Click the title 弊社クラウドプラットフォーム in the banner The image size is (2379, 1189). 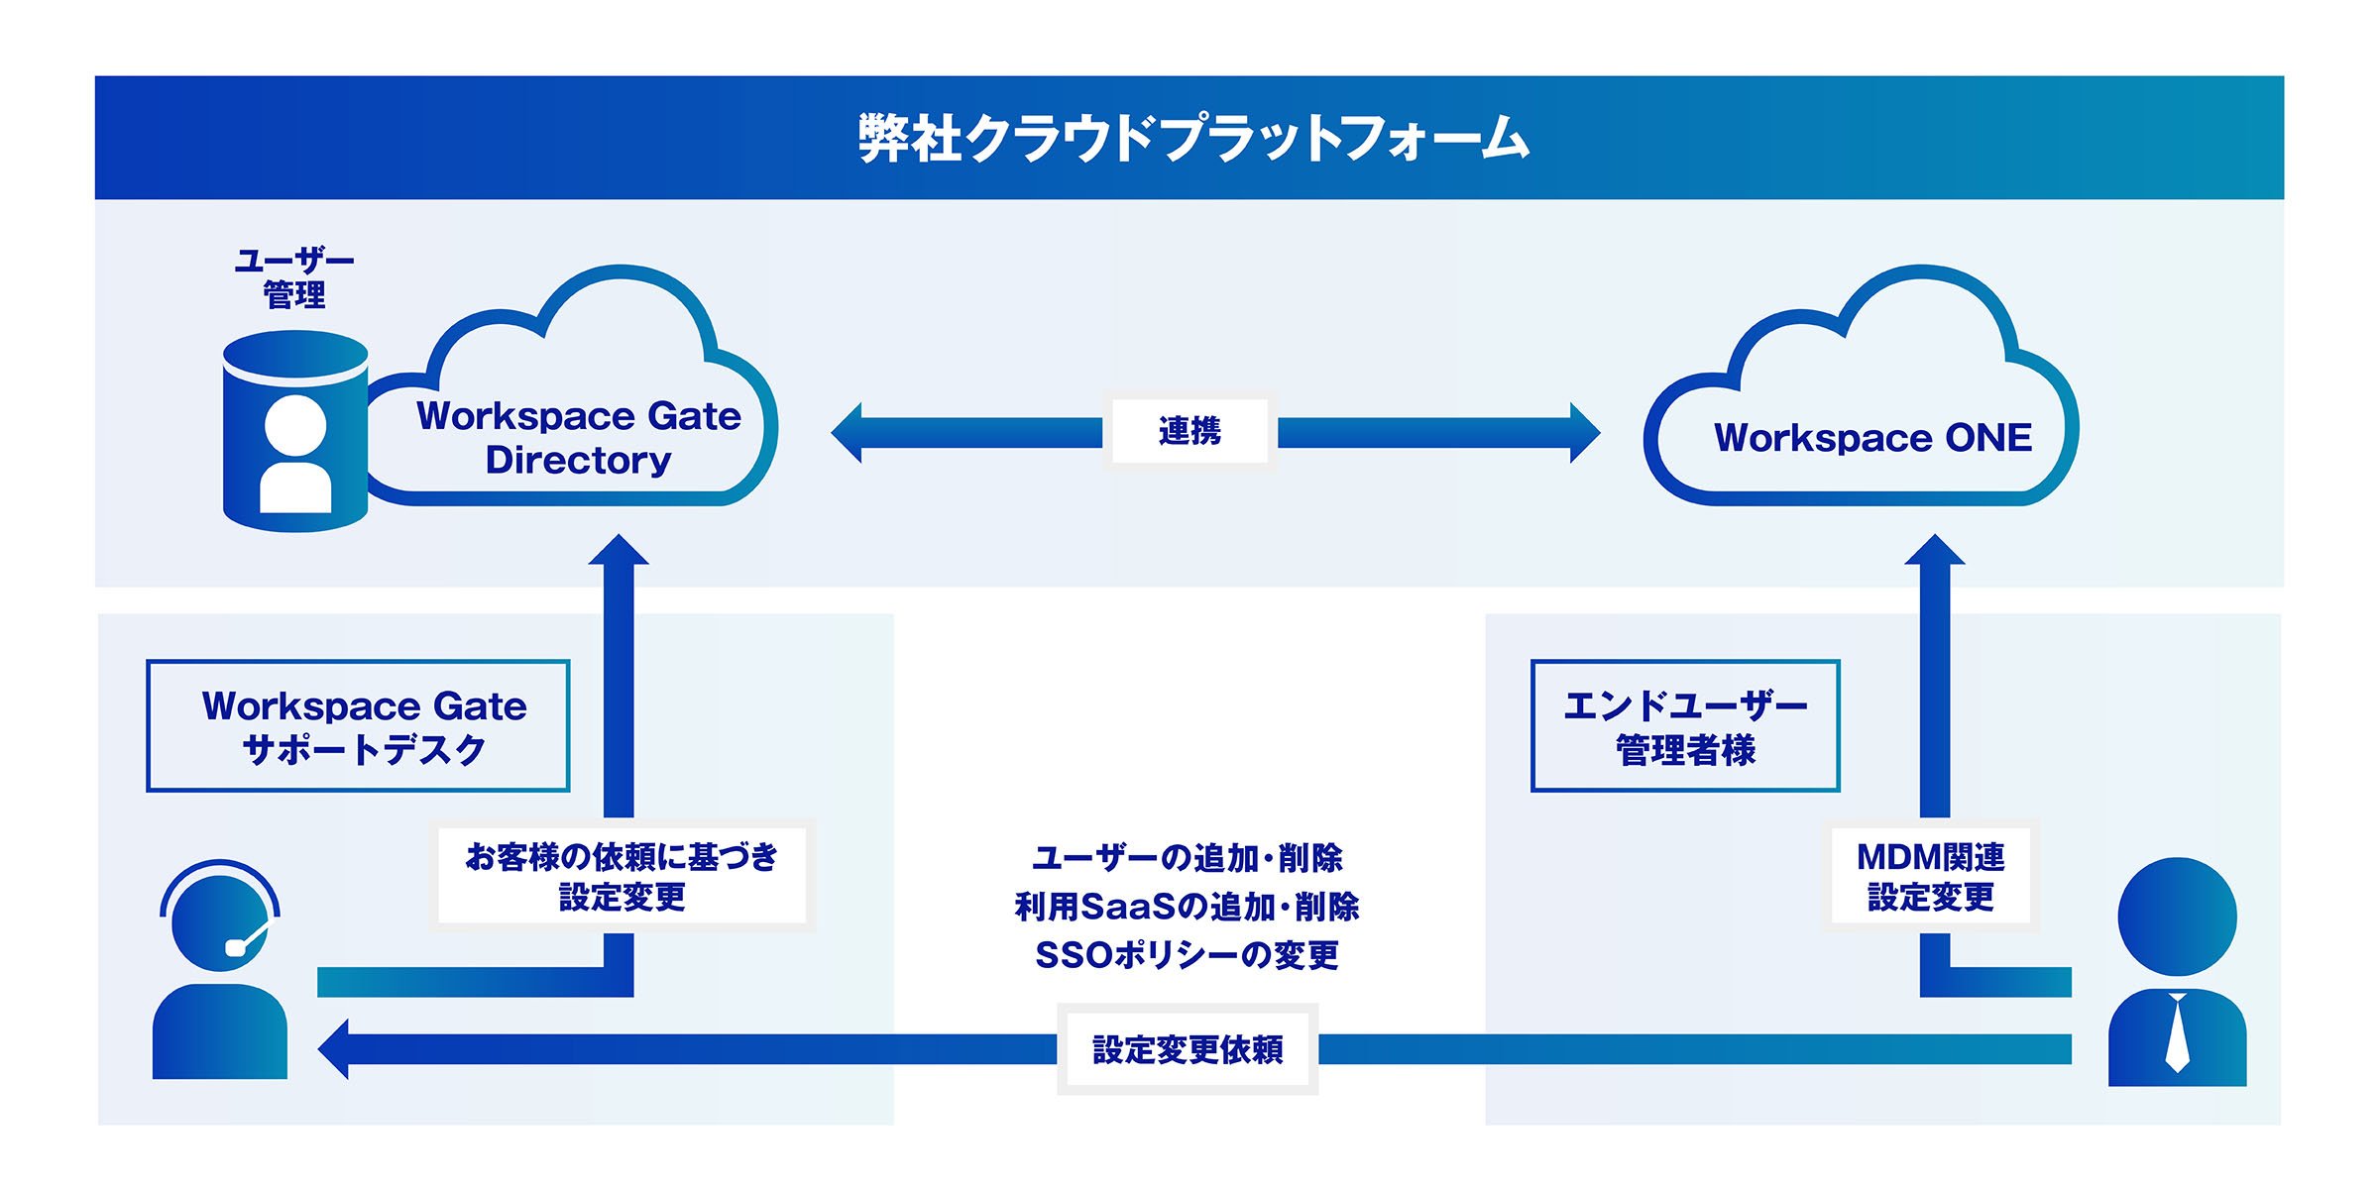pos(1193,138)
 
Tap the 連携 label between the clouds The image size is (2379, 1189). pos(1189,431)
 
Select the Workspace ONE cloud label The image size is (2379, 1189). pos(1872,438)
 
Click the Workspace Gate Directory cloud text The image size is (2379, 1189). pos(579,438)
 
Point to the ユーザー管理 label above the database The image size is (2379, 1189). pos(294,278)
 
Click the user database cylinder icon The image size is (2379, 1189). pos(295,431)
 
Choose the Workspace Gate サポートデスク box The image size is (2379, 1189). pos(358,726)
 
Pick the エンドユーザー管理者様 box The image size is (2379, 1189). pos(1685,726)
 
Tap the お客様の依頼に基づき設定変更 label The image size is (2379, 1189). pos(622,876)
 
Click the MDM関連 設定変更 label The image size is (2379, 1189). pos(1930,876)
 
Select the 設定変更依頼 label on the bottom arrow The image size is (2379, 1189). pos(1188,1049)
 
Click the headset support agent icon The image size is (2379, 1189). pos(220,969)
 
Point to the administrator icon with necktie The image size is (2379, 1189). pos(2177,972)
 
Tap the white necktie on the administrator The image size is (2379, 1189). pos(2177,1032)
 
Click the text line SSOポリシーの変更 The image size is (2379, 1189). pos(1188,955)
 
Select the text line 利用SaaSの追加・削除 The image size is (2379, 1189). pos(1188,907)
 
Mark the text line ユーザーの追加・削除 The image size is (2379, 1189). pos(1188,858)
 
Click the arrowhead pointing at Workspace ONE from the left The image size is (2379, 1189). pos(1585,432)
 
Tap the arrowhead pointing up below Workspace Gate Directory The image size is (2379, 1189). pos(619,549)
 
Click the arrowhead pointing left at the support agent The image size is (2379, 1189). pos(334,1049)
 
